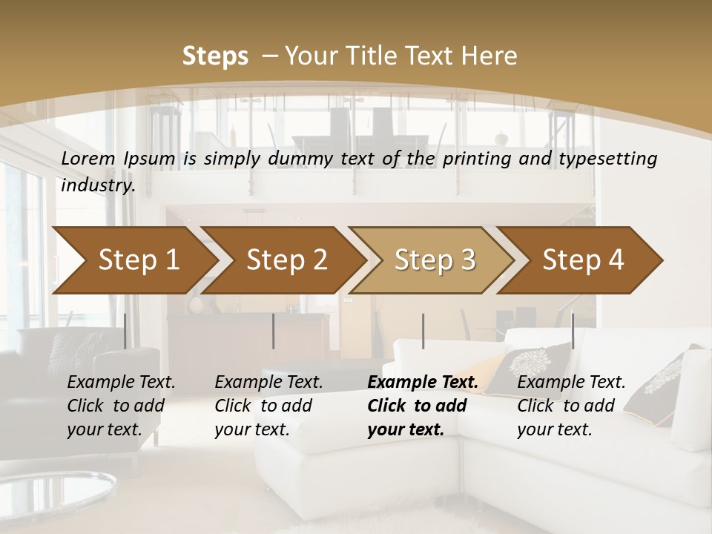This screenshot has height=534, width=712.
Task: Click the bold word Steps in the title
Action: [215, 56]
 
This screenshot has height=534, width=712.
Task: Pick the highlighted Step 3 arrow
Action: [435, 260]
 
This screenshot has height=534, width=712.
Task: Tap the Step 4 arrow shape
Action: [583, 260]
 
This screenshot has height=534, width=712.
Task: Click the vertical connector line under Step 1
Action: [125, 331]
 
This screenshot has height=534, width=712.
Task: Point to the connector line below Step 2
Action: [274, 331]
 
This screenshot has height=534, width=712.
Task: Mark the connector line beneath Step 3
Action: [423, 331]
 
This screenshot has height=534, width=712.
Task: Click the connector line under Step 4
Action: [573, 331]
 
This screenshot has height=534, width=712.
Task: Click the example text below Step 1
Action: [121, 406]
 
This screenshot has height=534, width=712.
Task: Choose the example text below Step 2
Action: [268, 406]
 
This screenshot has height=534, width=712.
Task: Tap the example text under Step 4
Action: [571, 406]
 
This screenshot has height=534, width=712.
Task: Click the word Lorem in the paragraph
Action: [88, 158]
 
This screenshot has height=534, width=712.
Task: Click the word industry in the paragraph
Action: [97, 185]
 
